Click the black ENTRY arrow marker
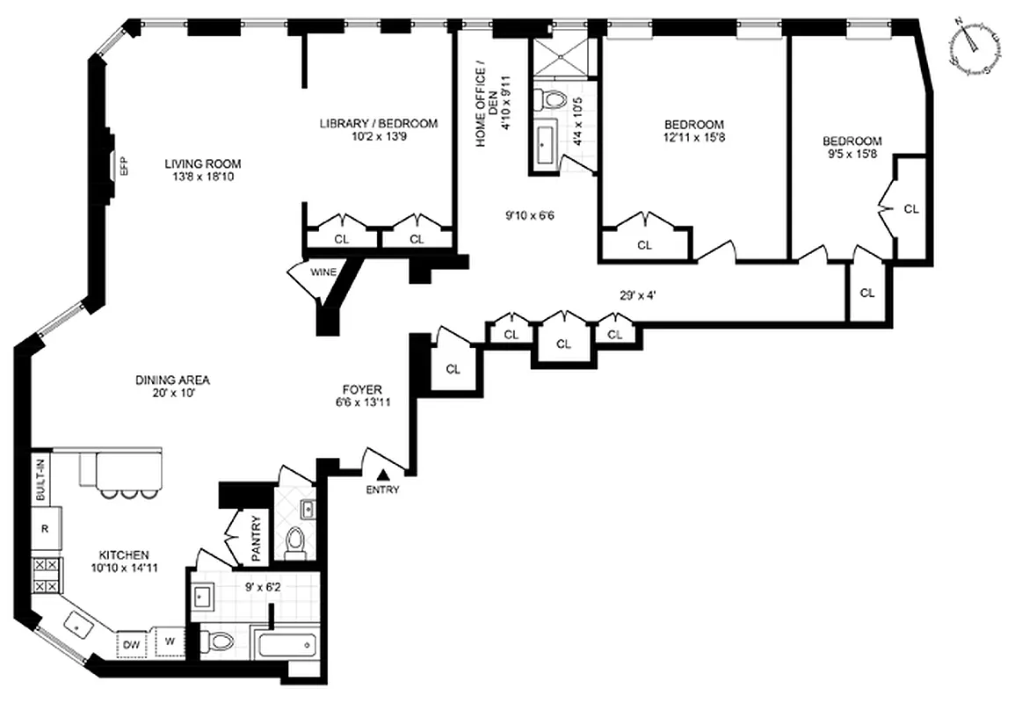[383, 475]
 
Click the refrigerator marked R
[44, 529]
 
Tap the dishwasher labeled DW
[131, 645]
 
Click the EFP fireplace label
[124, 166]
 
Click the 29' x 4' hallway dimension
[639, 296]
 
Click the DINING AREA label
[172, 380]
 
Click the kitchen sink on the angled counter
[83, 626]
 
